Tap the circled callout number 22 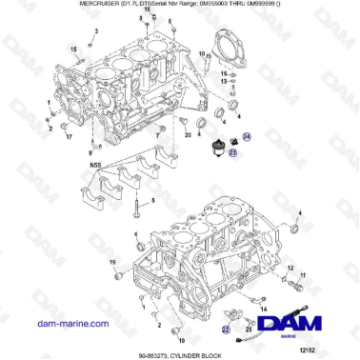point(226,327)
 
